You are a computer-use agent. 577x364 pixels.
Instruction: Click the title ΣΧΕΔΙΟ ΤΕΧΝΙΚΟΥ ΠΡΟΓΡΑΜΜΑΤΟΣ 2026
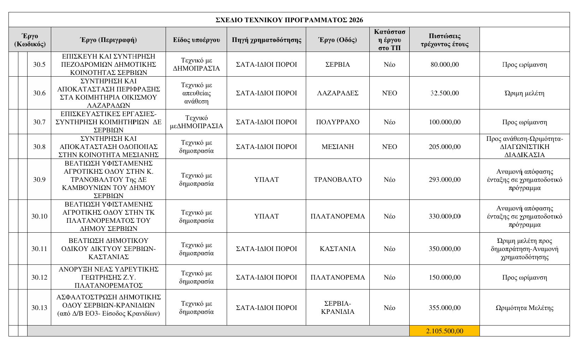(x=289, y=20)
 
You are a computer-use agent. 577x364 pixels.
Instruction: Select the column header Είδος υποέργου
(x=196, y=40)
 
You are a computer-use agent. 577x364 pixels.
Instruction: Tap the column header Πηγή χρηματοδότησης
(x=267, y=40)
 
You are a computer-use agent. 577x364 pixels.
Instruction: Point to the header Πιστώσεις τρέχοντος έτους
(x=445, y=40)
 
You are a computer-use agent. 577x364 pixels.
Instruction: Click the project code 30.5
(x=39, y=65)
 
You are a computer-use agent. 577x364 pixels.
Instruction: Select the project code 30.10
(x=39, y=216)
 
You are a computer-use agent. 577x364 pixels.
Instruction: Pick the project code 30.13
(x=39, y=308)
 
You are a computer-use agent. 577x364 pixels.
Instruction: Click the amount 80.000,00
(x=445, y=65)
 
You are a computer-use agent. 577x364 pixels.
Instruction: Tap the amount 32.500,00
(x=445, y=93)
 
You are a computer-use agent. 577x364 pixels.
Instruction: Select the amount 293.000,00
(x=445, y=179)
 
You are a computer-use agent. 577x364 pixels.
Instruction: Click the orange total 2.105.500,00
(x=445, y=331)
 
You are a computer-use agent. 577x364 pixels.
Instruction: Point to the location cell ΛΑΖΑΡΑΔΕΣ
(x=338, y=93)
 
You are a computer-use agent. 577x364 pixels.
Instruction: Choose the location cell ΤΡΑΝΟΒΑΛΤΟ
(x=338, y=179)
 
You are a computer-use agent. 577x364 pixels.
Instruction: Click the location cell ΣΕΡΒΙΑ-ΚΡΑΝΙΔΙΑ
(x=338, y=308)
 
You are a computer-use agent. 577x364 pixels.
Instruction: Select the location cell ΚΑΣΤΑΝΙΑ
(x=338, y=249)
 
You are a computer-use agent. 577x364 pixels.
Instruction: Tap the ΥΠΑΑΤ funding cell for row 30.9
(x=267, y=179)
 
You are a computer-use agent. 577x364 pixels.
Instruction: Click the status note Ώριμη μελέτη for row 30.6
(x=524, y=93)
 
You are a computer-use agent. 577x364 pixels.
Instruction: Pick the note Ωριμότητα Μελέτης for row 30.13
(x=524, y=308)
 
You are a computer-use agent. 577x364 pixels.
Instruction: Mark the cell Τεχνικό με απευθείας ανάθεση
(x=196, y=93)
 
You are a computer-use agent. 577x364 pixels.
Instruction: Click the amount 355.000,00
(x=445, y=308)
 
